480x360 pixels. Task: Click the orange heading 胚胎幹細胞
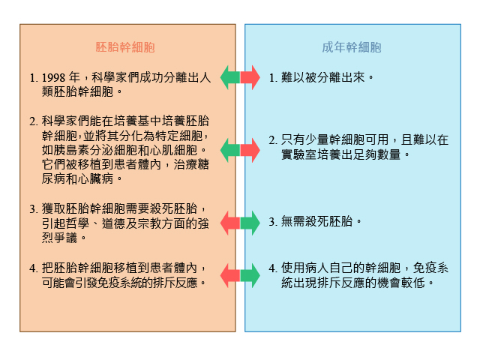pos(125,47)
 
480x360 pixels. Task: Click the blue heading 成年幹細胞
pos(352,47)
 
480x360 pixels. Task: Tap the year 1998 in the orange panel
pos(53,78)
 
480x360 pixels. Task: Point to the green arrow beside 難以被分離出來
pos(230,77)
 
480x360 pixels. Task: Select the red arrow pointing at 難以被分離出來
pos(250,77)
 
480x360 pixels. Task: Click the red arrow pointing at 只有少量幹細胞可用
pos(250,150)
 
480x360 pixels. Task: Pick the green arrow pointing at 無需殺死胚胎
pos(250,223)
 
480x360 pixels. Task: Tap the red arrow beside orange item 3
pos(230,223)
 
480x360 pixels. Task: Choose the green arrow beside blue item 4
pos(250,275)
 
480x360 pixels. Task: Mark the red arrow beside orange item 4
pos(230,275)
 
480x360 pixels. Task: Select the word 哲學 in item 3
pos(78,223)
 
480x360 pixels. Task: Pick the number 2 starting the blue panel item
pos(271,140)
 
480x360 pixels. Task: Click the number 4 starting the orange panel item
pos(32,268)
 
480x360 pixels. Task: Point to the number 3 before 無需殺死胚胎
pos(271,222)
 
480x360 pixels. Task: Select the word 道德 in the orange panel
pos(113,223)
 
